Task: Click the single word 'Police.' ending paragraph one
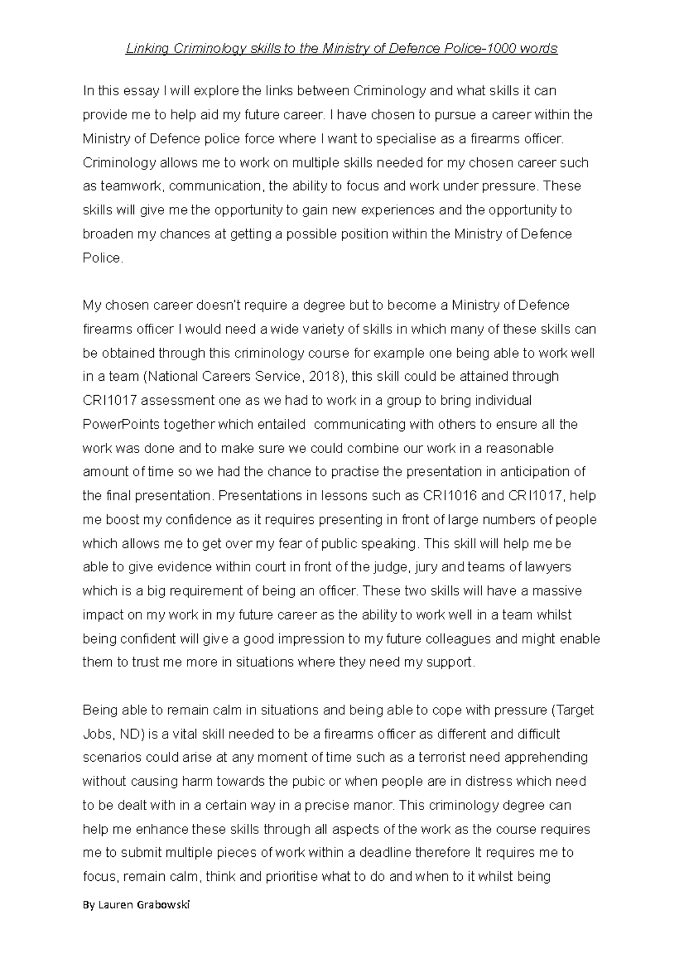pos(103,258)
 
